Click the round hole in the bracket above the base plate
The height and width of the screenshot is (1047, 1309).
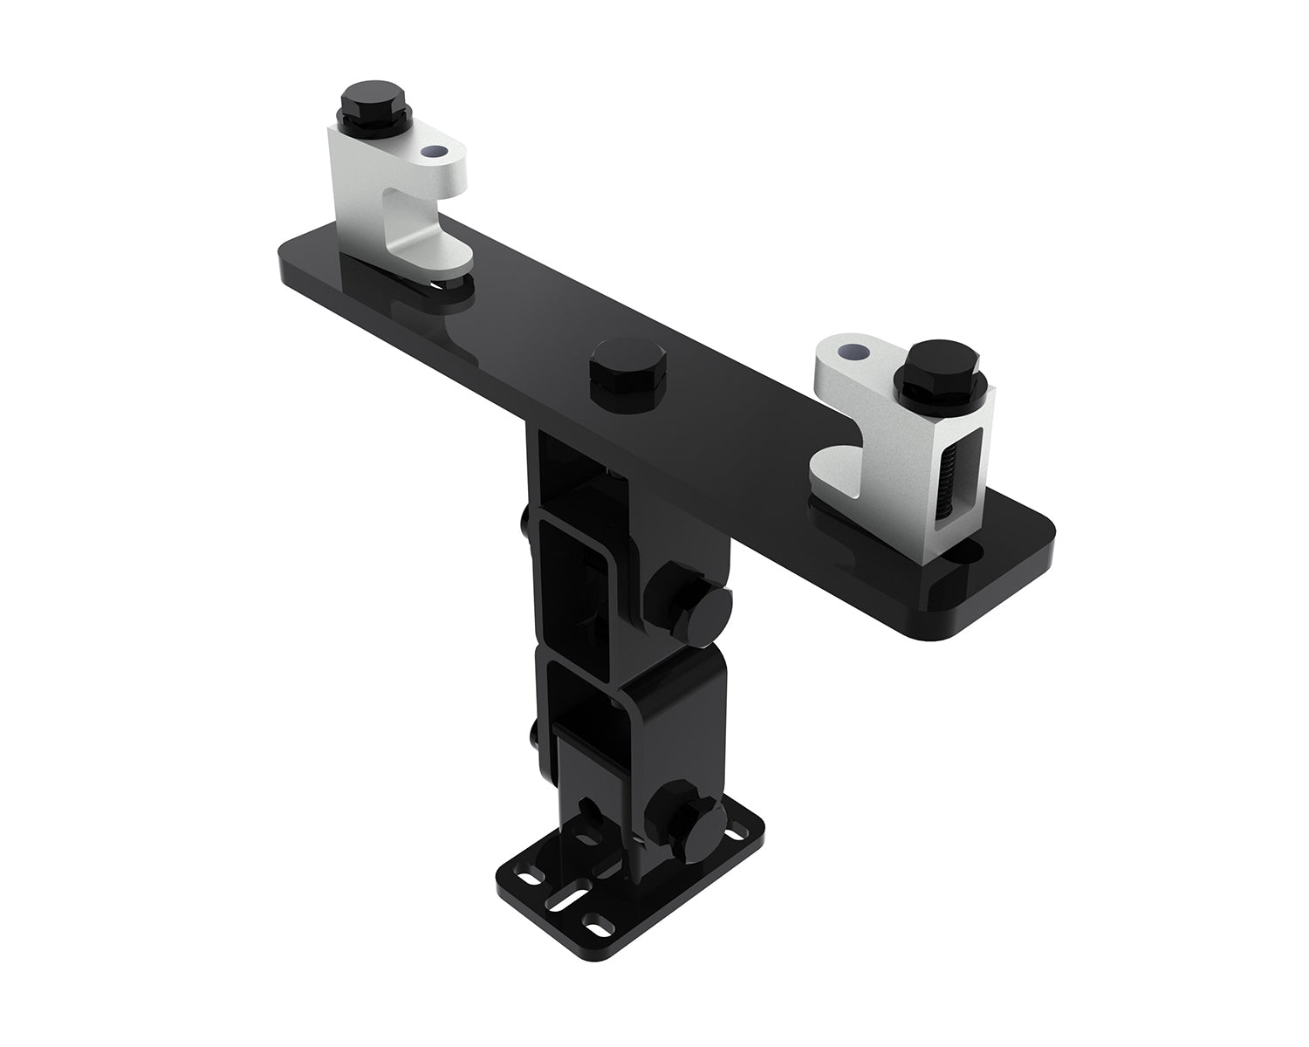pyautogui.click(x=592, y=813)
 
